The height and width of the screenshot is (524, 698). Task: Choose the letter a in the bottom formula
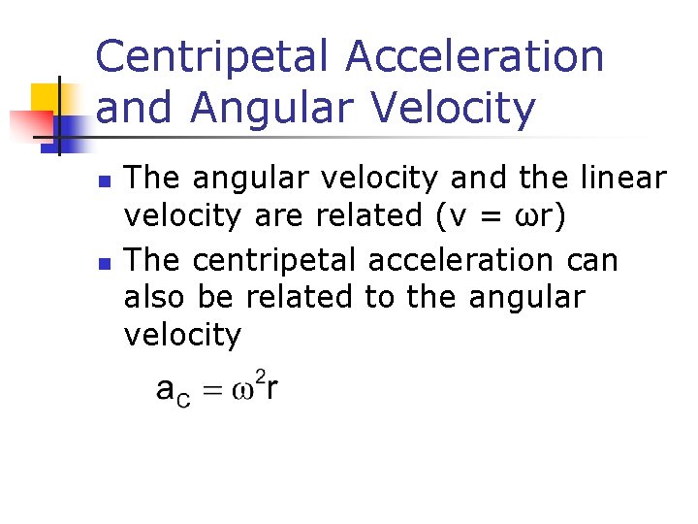point(167,391)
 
